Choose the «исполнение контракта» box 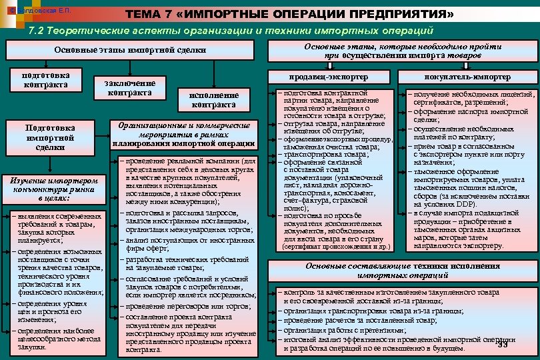pos(213,100)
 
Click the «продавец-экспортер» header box pos(331,77)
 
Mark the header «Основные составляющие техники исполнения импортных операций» pos(403,271)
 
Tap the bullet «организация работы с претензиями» pos(347,330)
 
